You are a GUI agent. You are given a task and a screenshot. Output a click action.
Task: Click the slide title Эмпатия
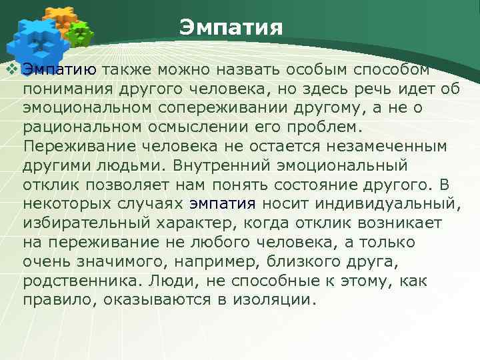pos(231,28)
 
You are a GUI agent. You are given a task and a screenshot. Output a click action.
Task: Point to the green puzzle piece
pos(81,33)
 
